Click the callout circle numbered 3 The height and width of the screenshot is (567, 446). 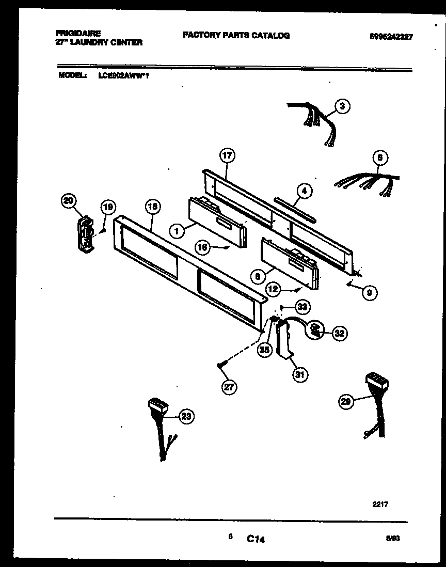click(341, 106)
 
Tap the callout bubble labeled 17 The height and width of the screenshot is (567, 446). click(227, 155)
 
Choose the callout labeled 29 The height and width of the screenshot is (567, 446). click(346, 401)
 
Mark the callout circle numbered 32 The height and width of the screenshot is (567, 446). click(339, 333)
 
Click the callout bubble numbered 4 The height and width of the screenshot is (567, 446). click(304, 191)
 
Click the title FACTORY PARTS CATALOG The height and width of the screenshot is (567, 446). click(236, 35)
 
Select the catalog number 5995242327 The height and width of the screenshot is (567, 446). click(391, 37)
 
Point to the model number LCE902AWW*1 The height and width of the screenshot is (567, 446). click(124, 75)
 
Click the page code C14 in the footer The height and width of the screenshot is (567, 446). click(256, 540)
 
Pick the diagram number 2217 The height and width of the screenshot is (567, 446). click(379, 504)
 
